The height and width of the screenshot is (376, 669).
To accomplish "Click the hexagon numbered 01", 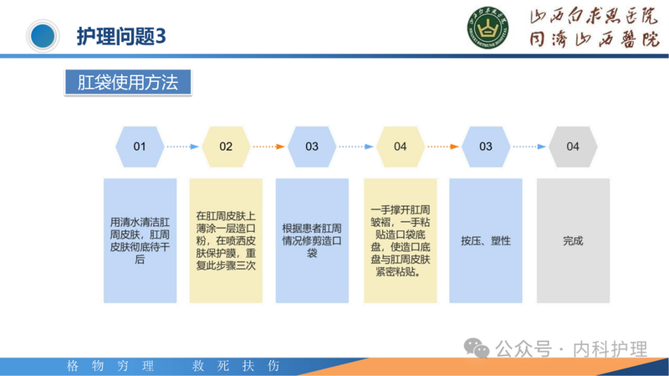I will tap(140, 146).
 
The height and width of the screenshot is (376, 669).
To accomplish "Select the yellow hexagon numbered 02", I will tap(226, 146).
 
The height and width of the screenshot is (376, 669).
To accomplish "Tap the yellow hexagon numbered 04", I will tap(400, 146).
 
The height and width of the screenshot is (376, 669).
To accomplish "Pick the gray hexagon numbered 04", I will tap(572, 146).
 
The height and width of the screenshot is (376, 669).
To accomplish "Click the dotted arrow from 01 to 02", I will tap(182, 146).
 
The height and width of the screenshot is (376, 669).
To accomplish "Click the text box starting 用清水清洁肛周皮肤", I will tap(140, 240).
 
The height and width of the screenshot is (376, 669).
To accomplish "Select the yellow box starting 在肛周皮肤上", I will tap(226, 240).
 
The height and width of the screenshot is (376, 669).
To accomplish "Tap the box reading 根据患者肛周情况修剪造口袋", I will tap(312, 240).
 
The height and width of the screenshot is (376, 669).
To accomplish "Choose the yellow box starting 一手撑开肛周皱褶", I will tap(400, 240).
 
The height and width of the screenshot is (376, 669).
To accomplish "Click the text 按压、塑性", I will tap(486, 240).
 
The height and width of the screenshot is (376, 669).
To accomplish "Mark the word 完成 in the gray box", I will tap(572, 240).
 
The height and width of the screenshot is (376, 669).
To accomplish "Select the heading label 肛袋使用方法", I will tap(128, 82).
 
